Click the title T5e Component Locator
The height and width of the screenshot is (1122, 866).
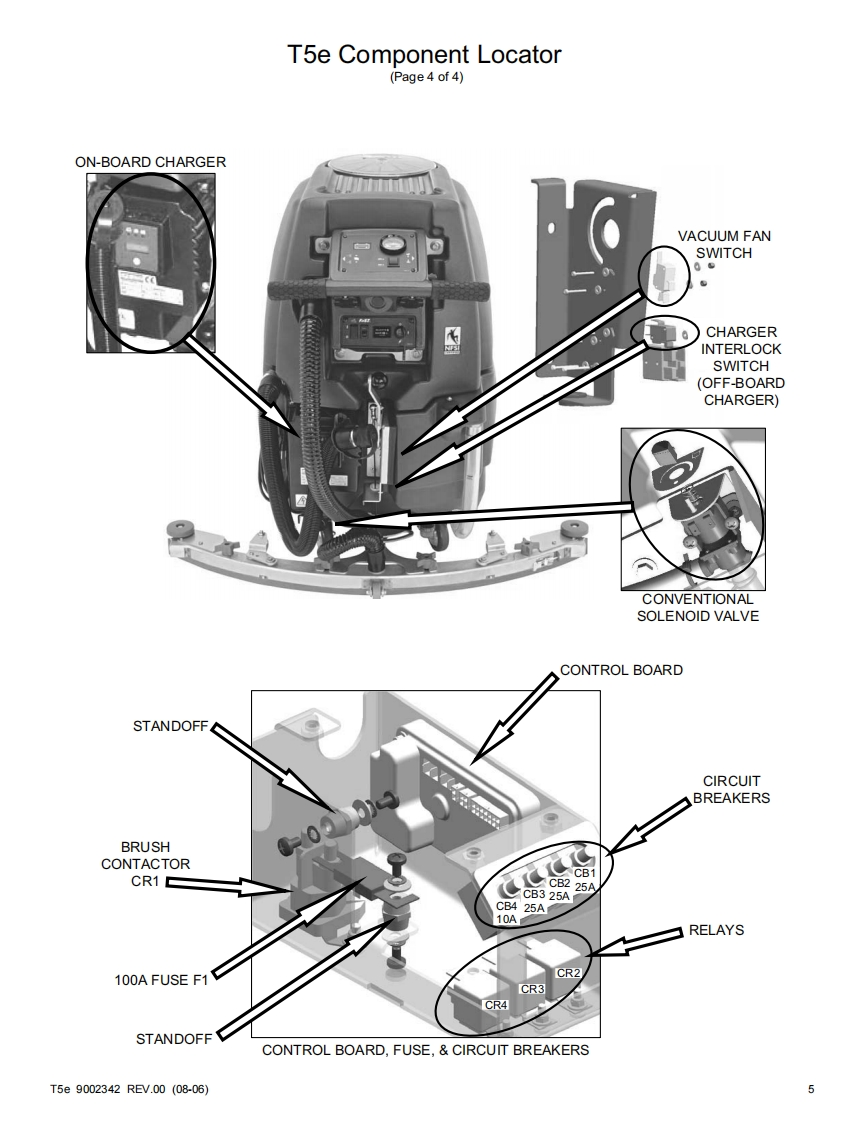point(425,55)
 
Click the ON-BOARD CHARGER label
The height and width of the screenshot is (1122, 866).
point(150,161)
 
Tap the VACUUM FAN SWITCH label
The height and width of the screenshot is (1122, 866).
point(724,244)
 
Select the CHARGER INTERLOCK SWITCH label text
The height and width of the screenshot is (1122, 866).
point(741,366)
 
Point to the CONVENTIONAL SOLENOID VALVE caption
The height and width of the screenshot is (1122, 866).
point(698,607)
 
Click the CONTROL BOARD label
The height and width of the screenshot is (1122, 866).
point(621,670)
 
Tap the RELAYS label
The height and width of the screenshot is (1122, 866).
point(716,930)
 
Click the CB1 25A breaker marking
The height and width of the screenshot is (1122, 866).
point(585,880)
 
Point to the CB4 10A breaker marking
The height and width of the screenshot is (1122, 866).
point(507,912)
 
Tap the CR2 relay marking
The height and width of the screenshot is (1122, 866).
point(568,972)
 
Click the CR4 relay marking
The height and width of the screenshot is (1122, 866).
point(496,1004)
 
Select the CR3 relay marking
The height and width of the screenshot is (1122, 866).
point(532,989)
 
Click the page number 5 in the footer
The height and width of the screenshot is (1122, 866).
point(810,1089)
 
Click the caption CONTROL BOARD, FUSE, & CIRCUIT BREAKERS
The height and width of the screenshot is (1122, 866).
point(425,1051)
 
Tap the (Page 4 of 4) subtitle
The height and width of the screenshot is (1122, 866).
point(425,79)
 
